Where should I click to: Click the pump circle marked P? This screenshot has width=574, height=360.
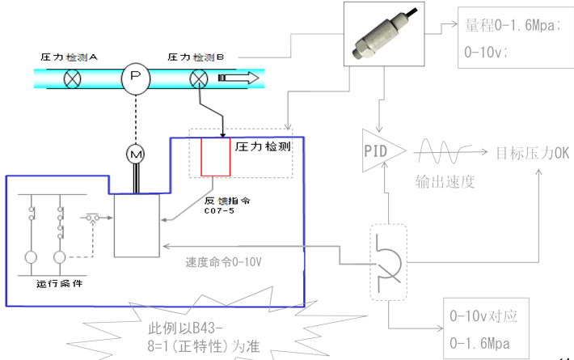(x=136, y=78)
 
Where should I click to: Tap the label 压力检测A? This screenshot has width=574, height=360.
(x=70, y=57)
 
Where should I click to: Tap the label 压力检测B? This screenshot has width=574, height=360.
(x=200, y=57)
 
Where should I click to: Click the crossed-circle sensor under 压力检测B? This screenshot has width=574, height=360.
(x=199, y=79)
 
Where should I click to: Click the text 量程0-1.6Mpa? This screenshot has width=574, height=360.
(x=509, y=26)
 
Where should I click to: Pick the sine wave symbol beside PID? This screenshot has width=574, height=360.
(x=443, y=151)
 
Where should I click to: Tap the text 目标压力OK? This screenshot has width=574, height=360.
(x=533, y=152)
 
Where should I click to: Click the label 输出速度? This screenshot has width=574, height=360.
(x=445, y=181)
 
